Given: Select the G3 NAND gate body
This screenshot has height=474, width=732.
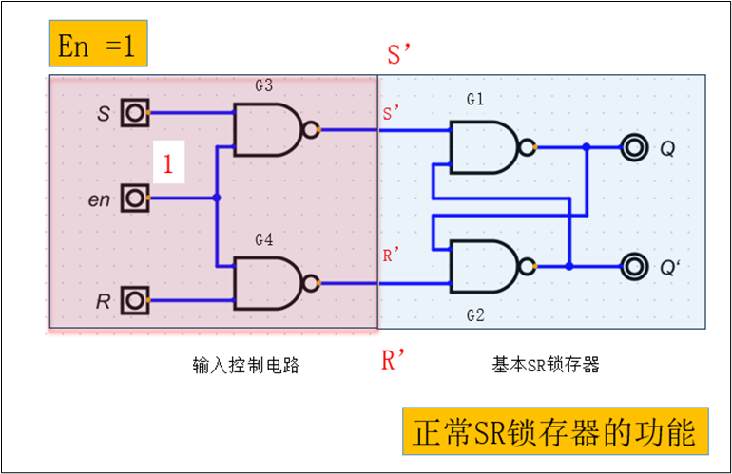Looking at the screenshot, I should [x=267, y=129].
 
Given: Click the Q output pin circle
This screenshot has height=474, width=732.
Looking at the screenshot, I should [x=631, y=147].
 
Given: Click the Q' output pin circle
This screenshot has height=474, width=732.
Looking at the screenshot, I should [x=631, y=267].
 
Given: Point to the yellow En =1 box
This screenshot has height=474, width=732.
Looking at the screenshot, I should [x=96, y=45].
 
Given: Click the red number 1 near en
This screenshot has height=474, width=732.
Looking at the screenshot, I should [x=168, y=165].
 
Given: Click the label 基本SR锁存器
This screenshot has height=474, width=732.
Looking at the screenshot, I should [x=545, y=364].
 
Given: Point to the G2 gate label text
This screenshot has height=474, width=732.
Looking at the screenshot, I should [x=475, y=314].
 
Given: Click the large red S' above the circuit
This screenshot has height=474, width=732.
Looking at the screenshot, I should [x=397, y=55].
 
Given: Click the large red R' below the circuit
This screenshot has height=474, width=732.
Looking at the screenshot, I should [x=394, y=361].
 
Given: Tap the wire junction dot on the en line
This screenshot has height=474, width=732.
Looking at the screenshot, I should [x=218, y=199].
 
